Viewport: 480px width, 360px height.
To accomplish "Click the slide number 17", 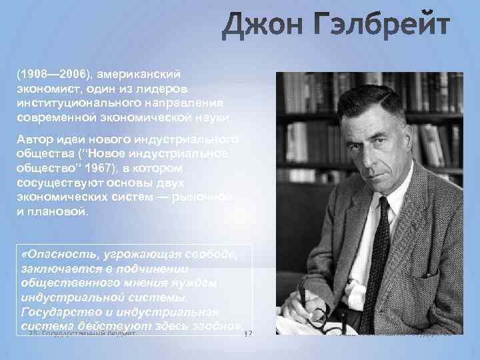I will click(248, 333).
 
